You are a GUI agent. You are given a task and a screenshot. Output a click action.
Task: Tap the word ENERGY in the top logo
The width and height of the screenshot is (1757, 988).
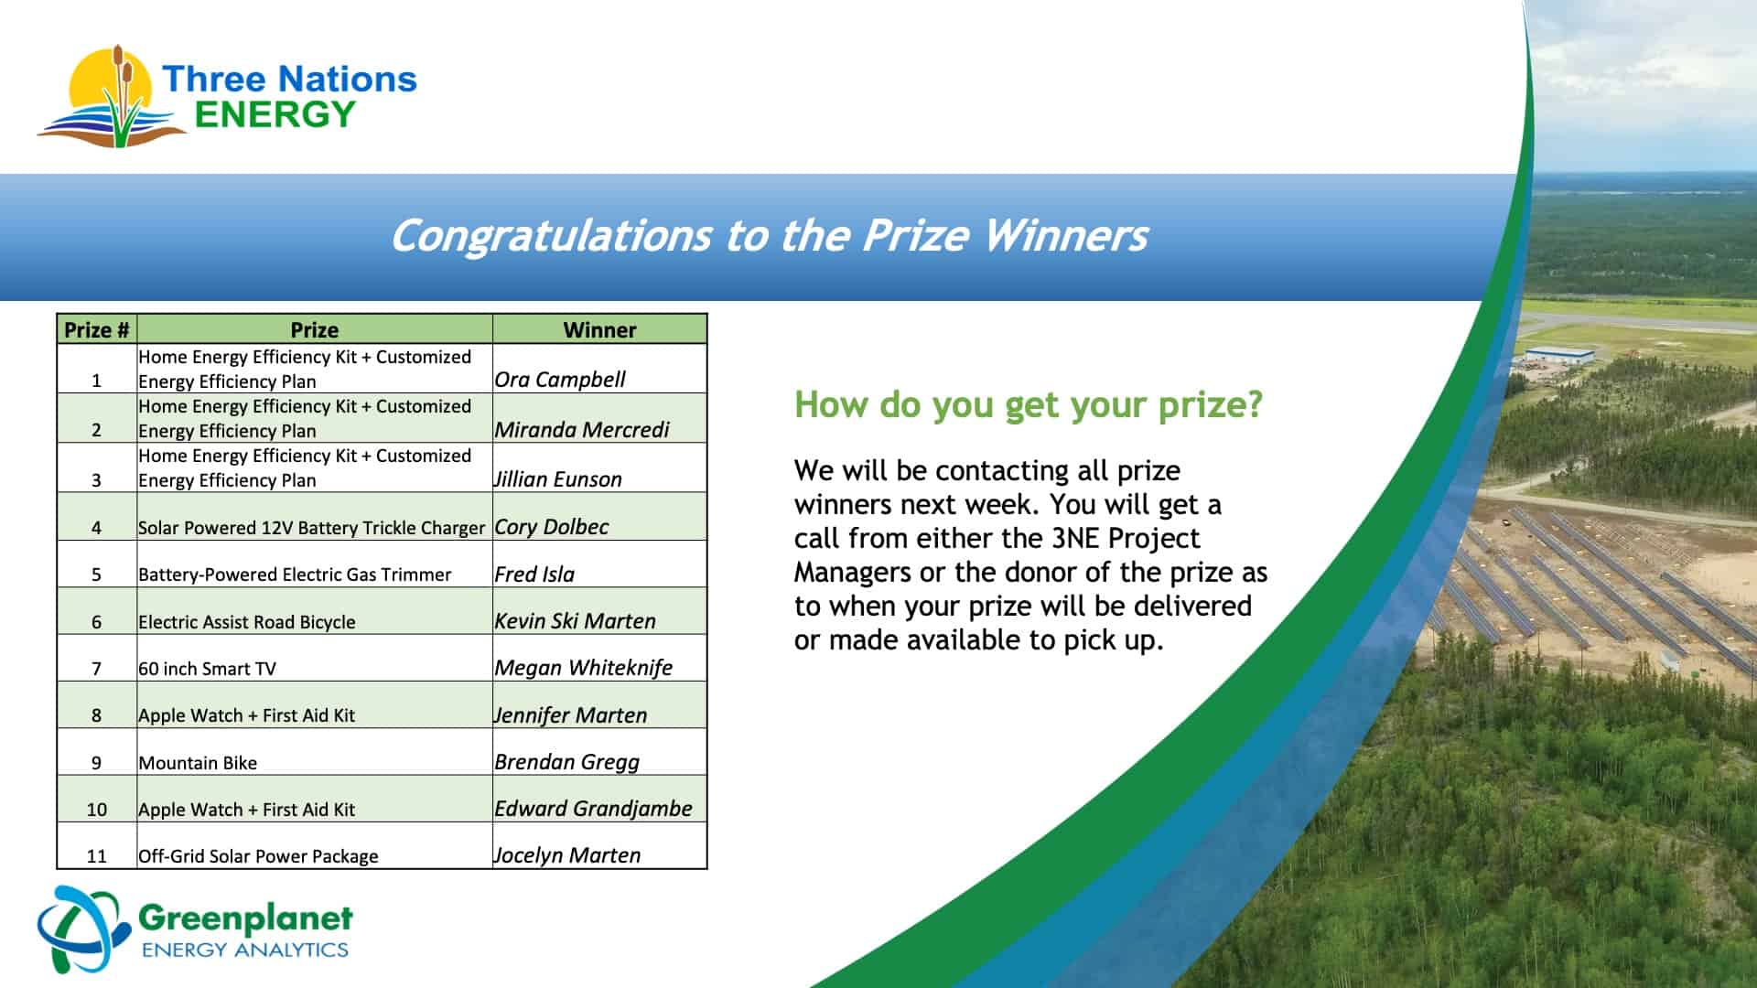coord(275,114)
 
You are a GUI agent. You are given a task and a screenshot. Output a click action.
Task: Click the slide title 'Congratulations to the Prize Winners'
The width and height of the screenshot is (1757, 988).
coord(769,235)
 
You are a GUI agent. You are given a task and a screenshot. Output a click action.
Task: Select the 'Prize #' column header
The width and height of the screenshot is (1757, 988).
coord(97,329)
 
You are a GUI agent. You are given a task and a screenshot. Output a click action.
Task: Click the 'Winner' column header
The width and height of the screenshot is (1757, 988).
coord(599,329)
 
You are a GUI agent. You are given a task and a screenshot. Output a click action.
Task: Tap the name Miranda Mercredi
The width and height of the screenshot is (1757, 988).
coord(582,429)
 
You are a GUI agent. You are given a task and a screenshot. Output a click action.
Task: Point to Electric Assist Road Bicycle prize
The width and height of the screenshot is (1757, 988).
coord(247,622)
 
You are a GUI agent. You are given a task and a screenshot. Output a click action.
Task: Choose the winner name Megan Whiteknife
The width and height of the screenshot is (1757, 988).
coord(583,668)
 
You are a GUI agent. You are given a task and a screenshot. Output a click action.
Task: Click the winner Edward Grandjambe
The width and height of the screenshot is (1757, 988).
coord(593,809)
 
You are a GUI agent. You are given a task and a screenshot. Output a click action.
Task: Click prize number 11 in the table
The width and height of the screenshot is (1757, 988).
coord(97,856)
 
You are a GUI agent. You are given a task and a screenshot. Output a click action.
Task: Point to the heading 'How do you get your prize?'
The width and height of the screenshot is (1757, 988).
coord(1029,404)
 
